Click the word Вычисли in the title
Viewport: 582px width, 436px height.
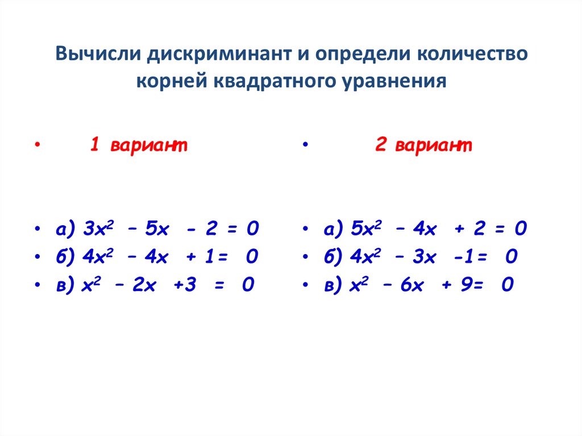tap(98, 54)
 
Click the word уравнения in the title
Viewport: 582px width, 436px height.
tap(394, 81)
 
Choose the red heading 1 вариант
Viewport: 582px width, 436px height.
tap(139, 144)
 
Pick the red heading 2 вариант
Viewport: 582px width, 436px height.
tap(423, 144)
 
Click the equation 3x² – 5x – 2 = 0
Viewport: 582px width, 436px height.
tap(171, 228)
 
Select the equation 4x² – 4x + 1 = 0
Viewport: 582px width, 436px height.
tap(171, 256)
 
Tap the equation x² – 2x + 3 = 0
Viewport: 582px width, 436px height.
tap(168, 284)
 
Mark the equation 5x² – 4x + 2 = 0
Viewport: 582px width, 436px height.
tap(439, 228)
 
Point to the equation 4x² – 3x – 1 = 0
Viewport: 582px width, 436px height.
tap(434, 256)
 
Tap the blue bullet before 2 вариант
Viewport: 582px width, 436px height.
tap(305, 144)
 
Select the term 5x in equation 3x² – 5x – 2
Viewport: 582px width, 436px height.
tap(157, 229)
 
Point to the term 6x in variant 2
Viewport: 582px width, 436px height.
tap(412, 285)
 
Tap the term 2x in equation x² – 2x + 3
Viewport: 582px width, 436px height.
tap(144, 285)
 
